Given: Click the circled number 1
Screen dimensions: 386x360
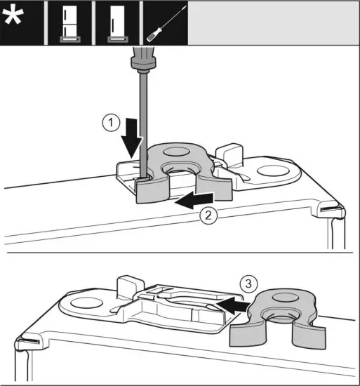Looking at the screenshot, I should click(108, 124).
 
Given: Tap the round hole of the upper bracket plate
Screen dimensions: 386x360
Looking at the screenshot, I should click(274, 169).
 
